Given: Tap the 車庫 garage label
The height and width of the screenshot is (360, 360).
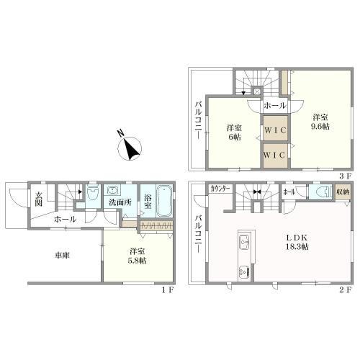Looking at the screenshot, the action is coord(62,256).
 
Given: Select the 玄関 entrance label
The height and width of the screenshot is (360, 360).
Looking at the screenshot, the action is coord(38,199).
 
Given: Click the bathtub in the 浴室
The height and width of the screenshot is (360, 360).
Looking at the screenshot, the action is coord(164,200).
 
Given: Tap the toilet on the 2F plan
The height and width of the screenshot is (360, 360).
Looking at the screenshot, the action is coord(320,192).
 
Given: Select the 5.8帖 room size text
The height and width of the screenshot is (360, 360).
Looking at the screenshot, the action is coord(137,261).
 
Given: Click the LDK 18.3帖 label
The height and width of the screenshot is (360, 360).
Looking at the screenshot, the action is coord(297,242).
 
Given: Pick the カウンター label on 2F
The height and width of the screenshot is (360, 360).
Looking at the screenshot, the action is coord(220,189).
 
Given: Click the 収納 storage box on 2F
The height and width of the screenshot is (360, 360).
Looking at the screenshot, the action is coord(343,192).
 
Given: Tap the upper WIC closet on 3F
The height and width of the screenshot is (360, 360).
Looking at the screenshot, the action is coord(275,128).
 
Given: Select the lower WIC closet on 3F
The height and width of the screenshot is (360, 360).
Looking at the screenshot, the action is coord(275,156).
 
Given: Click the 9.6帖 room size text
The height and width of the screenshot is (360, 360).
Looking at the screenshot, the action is coord(320,127).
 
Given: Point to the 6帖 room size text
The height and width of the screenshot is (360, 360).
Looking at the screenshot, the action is coord(235,137).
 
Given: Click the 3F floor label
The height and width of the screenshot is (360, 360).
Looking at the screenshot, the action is coord(345,176).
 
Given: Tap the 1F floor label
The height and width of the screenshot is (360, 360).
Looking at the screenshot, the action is coord(167,290).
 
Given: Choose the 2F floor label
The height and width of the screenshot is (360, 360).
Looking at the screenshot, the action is coord(345,290).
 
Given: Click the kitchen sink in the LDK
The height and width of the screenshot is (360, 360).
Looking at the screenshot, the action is coord(244,240).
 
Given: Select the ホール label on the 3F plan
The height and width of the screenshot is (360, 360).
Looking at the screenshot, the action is coord(275,106).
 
